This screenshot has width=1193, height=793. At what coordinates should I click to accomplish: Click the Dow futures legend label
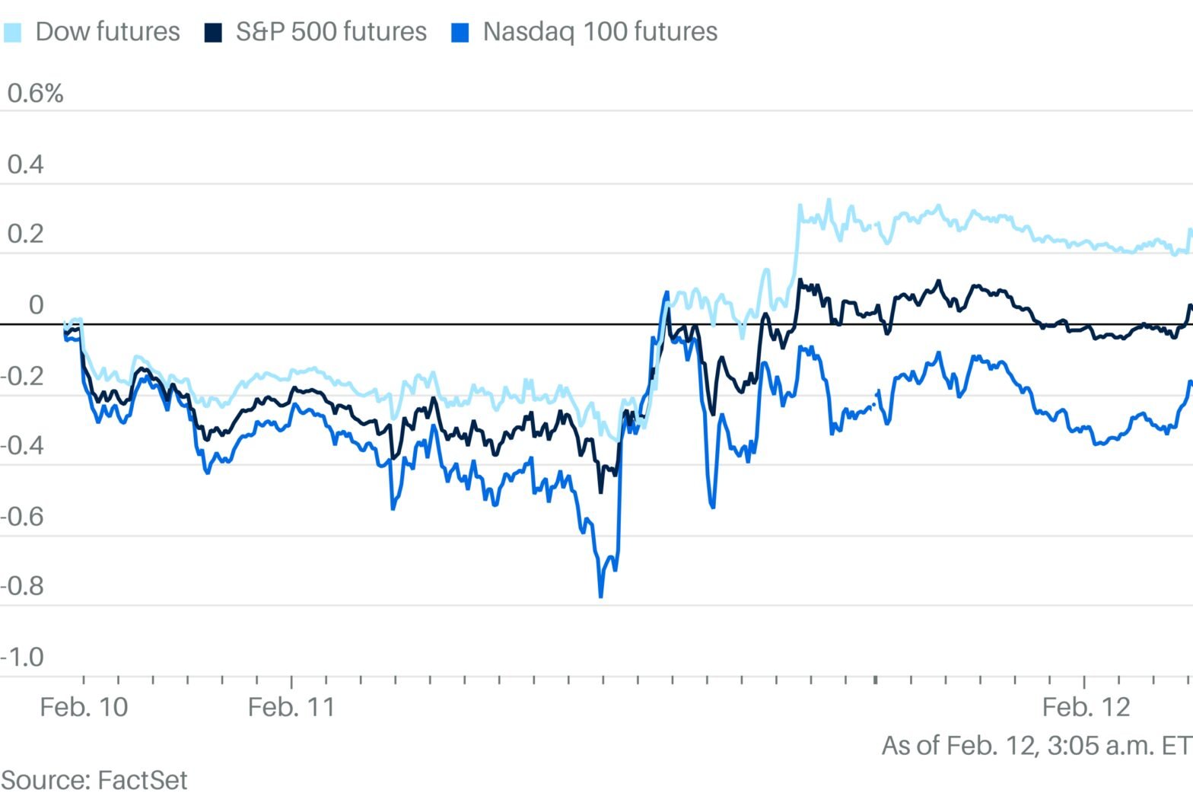(x=107, y=32)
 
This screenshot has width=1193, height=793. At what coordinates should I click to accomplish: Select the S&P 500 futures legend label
(x=331, y=32)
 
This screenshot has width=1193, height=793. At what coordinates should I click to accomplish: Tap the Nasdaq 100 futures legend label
(x=600, y=32)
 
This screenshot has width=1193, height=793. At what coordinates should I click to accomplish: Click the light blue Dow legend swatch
(x=13, y=33)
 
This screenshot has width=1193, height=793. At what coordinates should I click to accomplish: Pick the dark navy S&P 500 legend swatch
(x=213, y=33)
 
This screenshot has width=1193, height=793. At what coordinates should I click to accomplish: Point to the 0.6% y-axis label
(x=35, y=94)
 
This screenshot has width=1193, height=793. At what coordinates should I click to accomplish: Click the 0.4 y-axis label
(x=25, y=164)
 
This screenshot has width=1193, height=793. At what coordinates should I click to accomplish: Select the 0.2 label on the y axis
(x=25, y=234)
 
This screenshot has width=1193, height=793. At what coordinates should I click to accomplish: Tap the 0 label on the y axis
(x=36, y=305)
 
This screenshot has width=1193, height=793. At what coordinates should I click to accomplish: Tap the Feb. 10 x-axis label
(x=84, y=707)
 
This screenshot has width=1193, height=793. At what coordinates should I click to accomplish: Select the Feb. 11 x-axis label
(x=291, y=707)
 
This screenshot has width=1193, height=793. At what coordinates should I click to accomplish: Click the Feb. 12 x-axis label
(x=1086, y=707)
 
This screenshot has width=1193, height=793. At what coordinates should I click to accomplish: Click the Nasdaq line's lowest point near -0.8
(x=600, y=597)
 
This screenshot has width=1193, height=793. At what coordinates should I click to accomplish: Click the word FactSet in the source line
(x=142, y=780)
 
